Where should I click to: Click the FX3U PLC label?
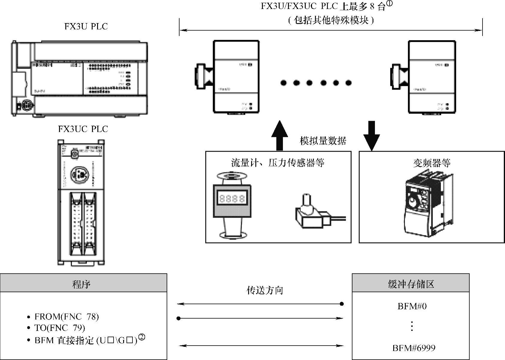point(86,26)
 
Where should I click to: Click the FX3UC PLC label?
point(83,129)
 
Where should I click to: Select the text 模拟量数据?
point(323,141)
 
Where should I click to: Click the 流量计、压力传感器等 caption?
point(278,163)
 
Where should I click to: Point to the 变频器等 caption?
point(432,163)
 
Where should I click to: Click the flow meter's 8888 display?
point(232,198)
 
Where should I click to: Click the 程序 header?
point(81,284)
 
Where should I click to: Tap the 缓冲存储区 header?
point(411,284)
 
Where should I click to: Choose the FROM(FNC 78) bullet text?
point(67,317)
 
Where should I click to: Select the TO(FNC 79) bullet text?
point(60,328)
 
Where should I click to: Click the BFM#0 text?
point(412,306)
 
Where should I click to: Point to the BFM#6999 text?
point(414,348)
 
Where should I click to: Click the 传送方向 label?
point(265,290)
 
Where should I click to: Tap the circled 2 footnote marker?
point(141,338)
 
